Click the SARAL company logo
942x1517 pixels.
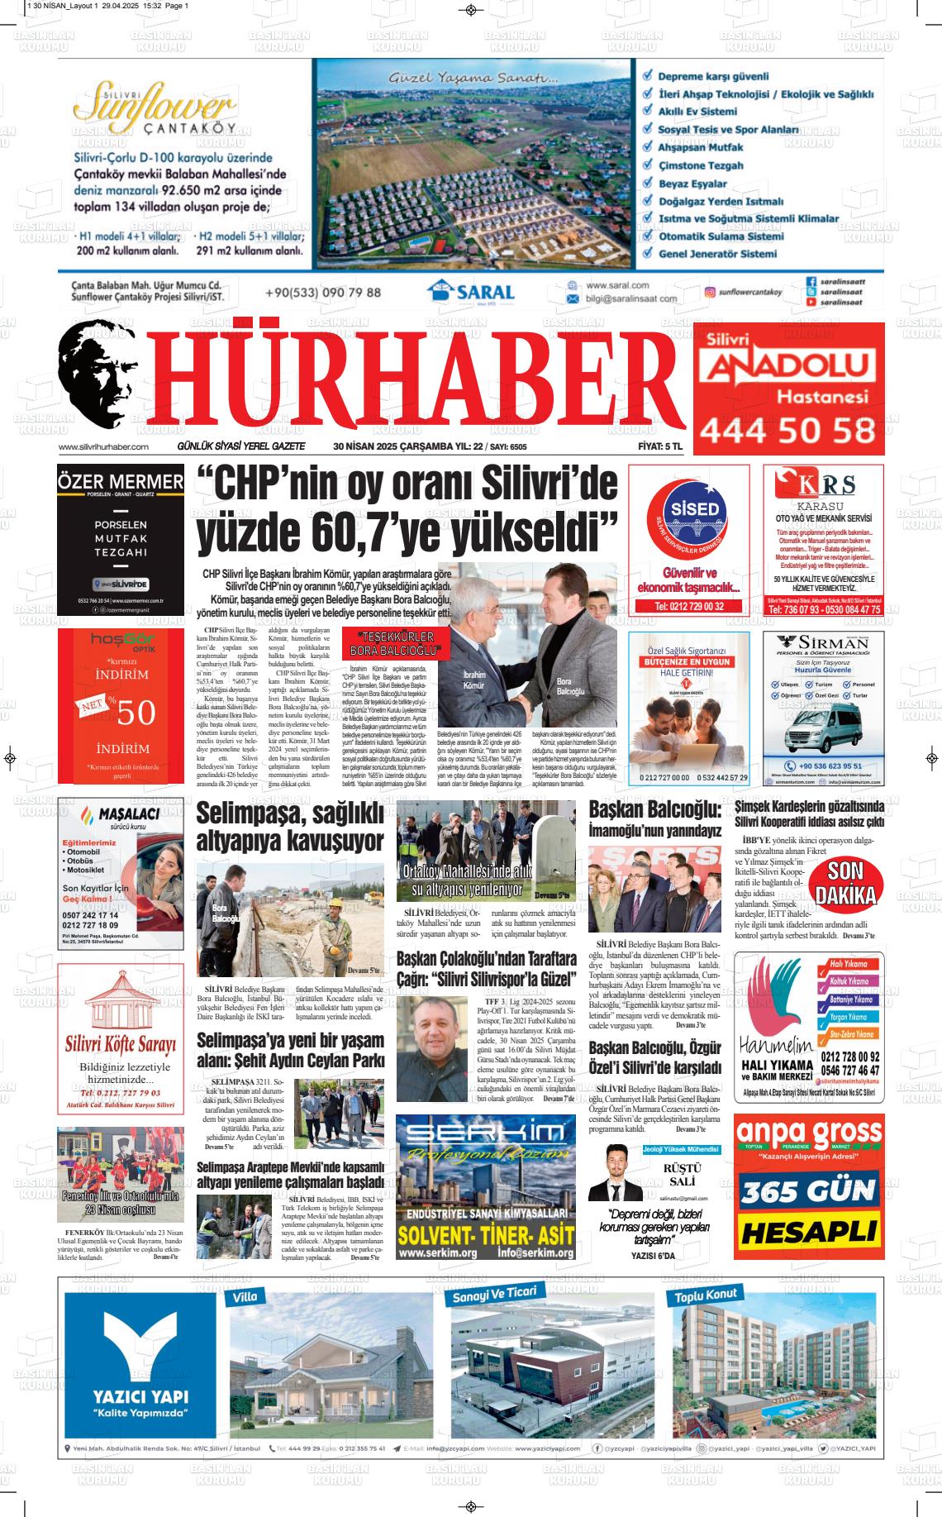tap(471, 292)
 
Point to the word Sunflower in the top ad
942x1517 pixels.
tap(153, 104)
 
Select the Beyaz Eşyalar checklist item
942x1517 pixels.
tap(692, 184)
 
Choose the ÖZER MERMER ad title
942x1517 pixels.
tap(121, 482)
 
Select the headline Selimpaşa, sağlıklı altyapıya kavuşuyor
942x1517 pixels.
tap(290, 828)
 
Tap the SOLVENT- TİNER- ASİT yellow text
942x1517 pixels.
tap(485, 1234)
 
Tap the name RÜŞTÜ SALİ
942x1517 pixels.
tap(683, 1175)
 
